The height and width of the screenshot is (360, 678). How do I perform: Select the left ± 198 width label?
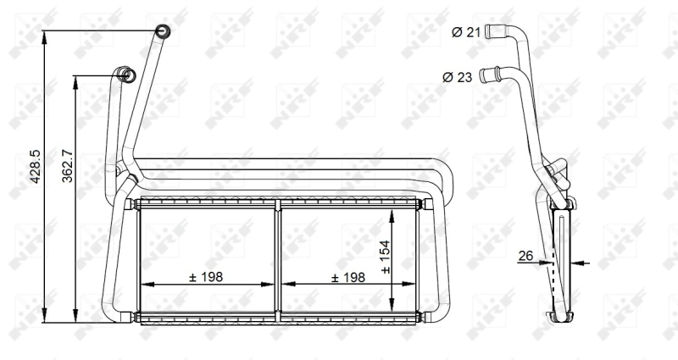pos(206,277)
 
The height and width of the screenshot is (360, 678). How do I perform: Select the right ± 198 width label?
pos(347,277)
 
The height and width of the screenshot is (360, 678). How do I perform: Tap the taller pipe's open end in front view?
pos(163,32)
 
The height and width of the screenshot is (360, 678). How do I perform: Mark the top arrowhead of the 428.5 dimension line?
pos(44,35)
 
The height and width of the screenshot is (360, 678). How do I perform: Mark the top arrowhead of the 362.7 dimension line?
pos(75,80)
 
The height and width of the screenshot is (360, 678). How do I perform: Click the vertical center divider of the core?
pos(277,258)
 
